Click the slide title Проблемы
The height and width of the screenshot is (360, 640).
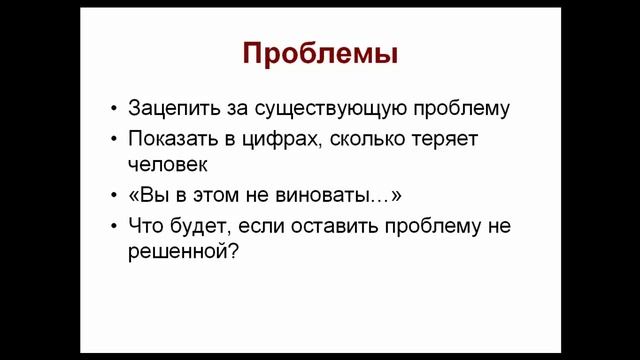point(320,53)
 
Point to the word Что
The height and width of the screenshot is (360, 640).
point(145,225)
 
